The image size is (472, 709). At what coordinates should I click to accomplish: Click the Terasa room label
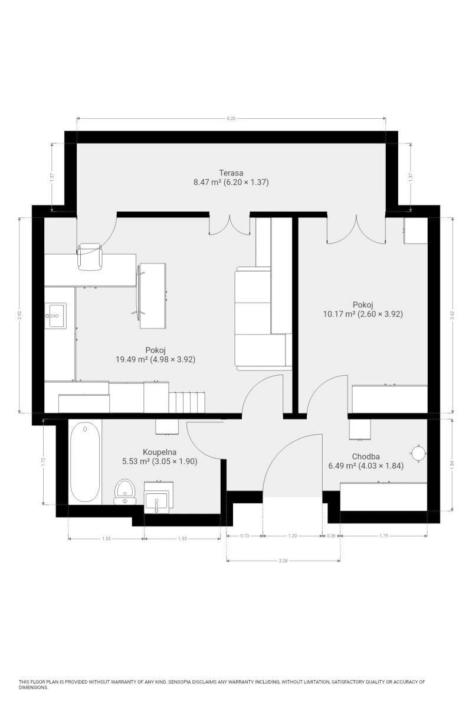pos(231,173)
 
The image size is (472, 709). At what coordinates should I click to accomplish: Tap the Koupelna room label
pos(159,452)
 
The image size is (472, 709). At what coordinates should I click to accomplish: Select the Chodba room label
pos(366,456)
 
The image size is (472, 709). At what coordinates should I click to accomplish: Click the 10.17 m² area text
pos(340,314)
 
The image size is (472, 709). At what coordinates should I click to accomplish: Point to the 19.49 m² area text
pos(132,359)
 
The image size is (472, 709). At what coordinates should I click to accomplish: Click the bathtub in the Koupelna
pos(85,462)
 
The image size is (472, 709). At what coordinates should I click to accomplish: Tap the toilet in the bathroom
pos(125,492)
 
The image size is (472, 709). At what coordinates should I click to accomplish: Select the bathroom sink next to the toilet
pos(159,497)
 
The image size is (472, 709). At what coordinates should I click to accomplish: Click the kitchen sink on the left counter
pos(55,316)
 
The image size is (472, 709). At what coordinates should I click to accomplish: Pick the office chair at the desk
pos(90,256)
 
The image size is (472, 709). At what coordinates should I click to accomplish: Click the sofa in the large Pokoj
pos(263,318)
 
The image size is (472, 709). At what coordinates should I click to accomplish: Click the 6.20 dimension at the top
pos(231,119)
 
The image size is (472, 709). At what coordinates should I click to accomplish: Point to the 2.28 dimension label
pos(283,561)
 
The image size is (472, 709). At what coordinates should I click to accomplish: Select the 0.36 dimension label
pos(331,536)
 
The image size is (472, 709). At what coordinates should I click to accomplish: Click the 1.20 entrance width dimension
pos(293,536)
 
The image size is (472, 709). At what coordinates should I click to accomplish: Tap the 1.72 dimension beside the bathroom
pos(44,462)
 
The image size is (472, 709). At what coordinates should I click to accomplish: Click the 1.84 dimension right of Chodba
pos(452,464)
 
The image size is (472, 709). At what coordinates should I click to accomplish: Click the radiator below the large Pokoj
pos(187,402)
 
